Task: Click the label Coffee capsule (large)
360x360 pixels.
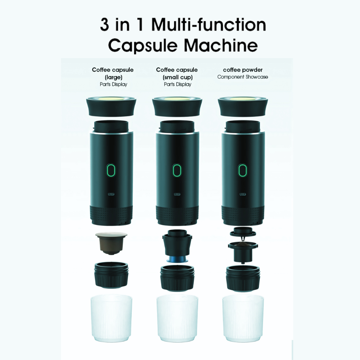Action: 113,73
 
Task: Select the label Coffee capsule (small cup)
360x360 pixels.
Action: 177,73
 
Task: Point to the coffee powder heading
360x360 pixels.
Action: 243,70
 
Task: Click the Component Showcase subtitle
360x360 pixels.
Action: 243,77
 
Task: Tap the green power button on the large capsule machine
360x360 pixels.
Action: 111,171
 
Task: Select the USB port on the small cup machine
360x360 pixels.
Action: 177,194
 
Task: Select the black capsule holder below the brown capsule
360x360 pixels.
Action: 111,275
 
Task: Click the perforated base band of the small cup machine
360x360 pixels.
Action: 177,214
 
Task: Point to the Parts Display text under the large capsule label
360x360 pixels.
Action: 113,84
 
